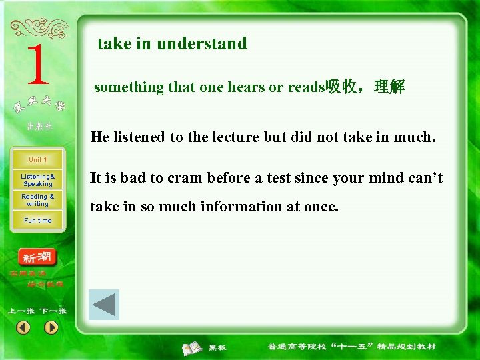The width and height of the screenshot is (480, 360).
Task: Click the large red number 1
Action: pyautogui.click(x=38, y=65)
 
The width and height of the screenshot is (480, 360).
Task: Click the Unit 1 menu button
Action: pyautogui.click(x=37, y=160)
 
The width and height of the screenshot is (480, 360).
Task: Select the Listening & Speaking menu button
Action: pyautogui.click(x=37, y=180)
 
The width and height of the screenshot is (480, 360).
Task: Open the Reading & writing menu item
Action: pyautogui.click(x=37, y=200)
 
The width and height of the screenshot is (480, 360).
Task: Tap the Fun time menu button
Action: pyautogui.click(x=37, y=221)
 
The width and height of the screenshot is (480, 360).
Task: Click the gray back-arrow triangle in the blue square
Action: pyautogui.click(x=104, y=305)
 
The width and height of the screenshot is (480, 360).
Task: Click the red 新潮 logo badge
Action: pyautogui.click(x=37, y=257)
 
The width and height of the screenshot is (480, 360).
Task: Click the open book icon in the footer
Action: pyautogui.click(x=193, y=347)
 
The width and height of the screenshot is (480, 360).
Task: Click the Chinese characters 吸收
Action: pyautogui.click(x=340, y=87)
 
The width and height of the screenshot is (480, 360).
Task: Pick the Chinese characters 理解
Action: pyautogui.click(x=390, y=87)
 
